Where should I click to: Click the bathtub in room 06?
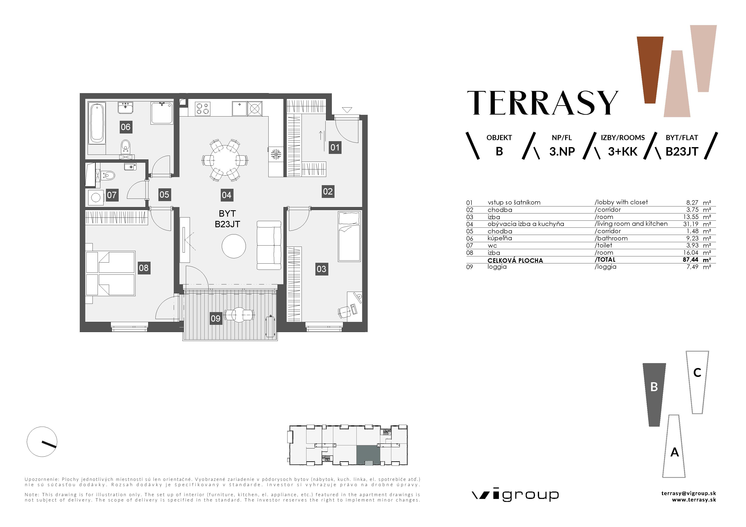click(97, 124)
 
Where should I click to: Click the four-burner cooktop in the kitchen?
click(203, 108)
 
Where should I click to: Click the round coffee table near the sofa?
click(234, 246)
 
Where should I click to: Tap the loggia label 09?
click(215, 318)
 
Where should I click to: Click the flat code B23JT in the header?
click(681, 152)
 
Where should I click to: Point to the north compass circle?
click(42, 442)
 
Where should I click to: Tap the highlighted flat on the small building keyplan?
click(368, 455)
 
